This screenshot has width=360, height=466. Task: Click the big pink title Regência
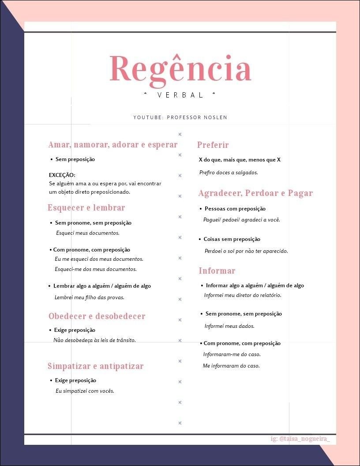point(180,69)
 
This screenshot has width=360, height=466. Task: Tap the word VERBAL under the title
point(180,95)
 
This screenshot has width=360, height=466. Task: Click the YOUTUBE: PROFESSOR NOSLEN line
point(180,117)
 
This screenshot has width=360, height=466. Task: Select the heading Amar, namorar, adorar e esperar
point(113,145)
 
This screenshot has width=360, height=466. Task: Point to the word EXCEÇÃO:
point(62,175)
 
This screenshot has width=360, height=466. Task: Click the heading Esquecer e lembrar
point(86,208)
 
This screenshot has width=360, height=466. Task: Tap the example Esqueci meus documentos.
point(87,233)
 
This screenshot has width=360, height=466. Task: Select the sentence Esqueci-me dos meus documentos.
point(96,269)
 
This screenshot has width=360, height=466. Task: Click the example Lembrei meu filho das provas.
point(90,297)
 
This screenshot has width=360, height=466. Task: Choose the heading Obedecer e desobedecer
point(97,316)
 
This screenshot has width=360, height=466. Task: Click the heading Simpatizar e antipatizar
point(96,366)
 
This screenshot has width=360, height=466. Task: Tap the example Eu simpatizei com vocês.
point(85,391)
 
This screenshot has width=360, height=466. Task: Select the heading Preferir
point(213,145)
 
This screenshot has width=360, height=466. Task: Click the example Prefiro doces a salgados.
point(228,173)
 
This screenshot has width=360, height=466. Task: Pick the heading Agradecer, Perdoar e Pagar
point(255,193)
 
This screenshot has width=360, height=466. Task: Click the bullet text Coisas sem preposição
point(232,239)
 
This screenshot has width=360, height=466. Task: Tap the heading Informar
point(217,271)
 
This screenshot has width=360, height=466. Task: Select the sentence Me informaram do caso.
point(231,366)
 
